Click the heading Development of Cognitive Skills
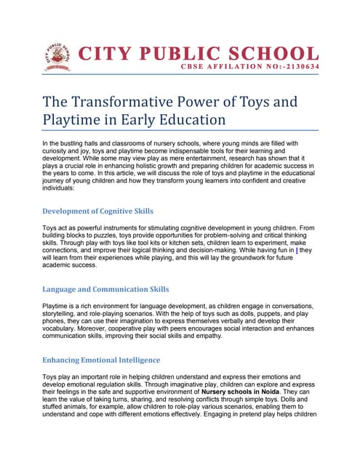click(x=97, y=211)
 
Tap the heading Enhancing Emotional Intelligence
click(x=101, y=360)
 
